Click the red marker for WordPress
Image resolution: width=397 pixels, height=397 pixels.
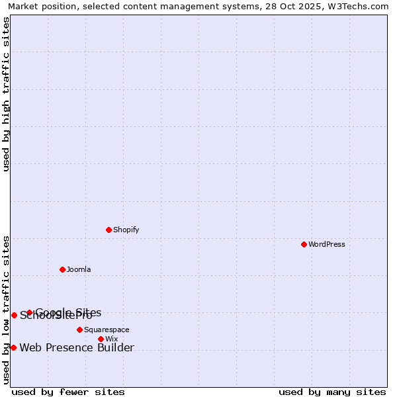coord(304,244)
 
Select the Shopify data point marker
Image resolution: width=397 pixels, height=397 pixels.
coord(109,230)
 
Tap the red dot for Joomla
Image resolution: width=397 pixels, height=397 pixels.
coord(62,269)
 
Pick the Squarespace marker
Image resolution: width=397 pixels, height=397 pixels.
coord(79,330)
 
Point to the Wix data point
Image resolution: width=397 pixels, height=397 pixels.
coord(101,339)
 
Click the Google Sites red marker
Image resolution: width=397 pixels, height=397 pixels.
coord(29,312)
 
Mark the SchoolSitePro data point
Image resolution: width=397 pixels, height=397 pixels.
coord(14,315)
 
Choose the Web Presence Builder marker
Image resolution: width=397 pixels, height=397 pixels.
coord(13,347)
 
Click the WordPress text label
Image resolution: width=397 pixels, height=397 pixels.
coord(327,244)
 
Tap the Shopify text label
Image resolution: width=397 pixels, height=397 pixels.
coord(126,230)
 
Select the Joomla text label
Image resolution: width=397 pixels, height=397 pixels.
coord(79,269)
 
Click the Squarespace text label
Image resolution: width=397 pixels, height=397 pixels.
coord(107,330)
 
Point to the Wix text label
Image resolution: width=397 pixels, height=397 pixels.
coord(111,339)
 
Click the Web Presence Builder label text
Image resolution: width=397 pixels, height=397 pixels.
coord(77,348)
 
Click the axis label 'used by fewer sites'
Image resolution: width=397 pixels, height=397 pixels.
coord(68,392)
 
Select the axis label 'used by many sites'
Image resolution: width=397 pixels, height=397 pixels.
coord(332,392)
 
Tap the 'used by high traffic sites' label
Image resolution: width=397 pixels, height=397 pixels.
coord(7,94)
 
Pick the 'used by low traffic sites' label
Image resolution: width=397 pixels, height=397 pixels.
coord(7,310)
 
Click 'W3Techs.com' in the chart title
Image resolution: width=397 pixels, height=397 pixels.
coord(360,7)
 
